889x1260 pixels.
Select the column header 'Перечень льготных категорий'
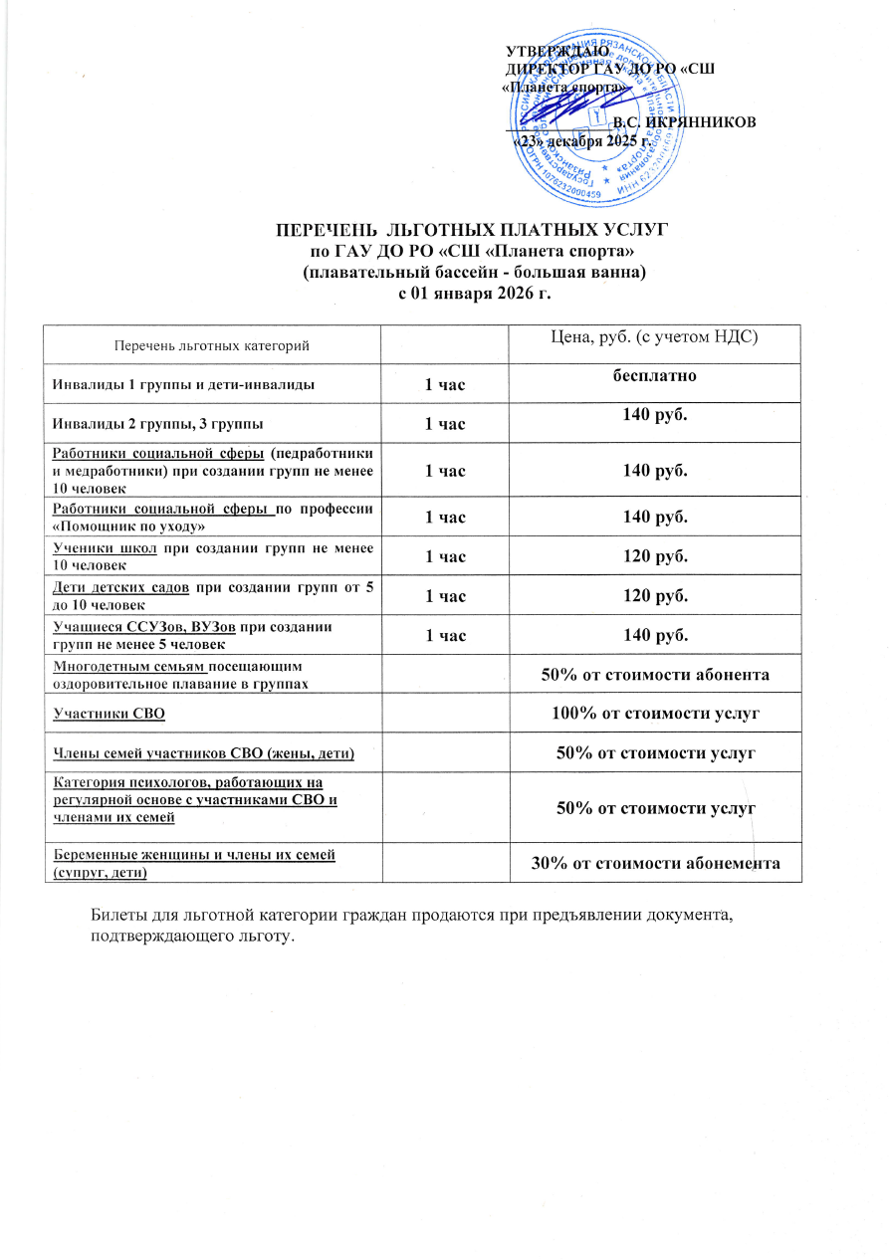212,344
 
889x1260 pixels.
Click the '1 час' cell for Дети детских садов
445,596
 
